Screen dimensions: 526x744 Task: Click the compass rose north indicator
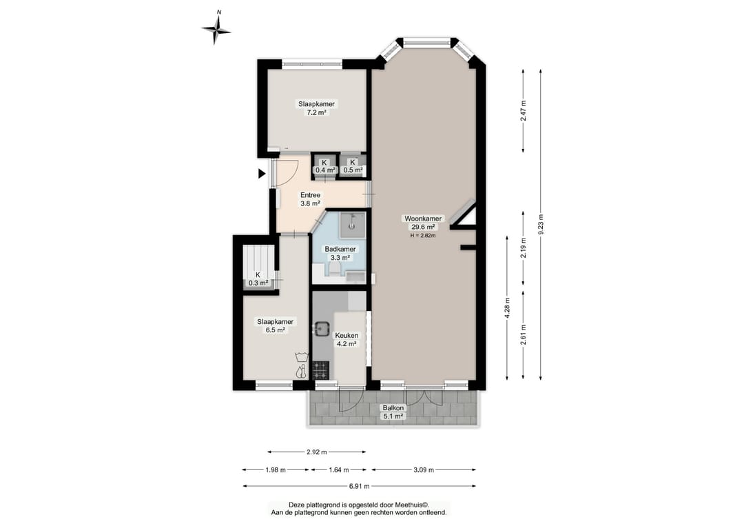[217, 28]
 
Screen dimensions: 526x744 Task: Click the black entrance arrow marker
[261, 174]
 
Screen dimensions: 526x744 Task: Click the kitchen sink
[323, 329]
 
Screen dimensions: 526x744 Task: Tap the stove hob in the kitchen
[321, 370]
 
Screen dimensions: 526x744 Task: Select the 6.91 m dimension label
[358, 486]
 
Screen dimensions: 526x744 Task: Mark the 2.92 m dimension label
[316, 452]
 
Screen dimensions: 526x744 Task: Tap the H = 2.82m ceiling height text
[423, 235]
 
